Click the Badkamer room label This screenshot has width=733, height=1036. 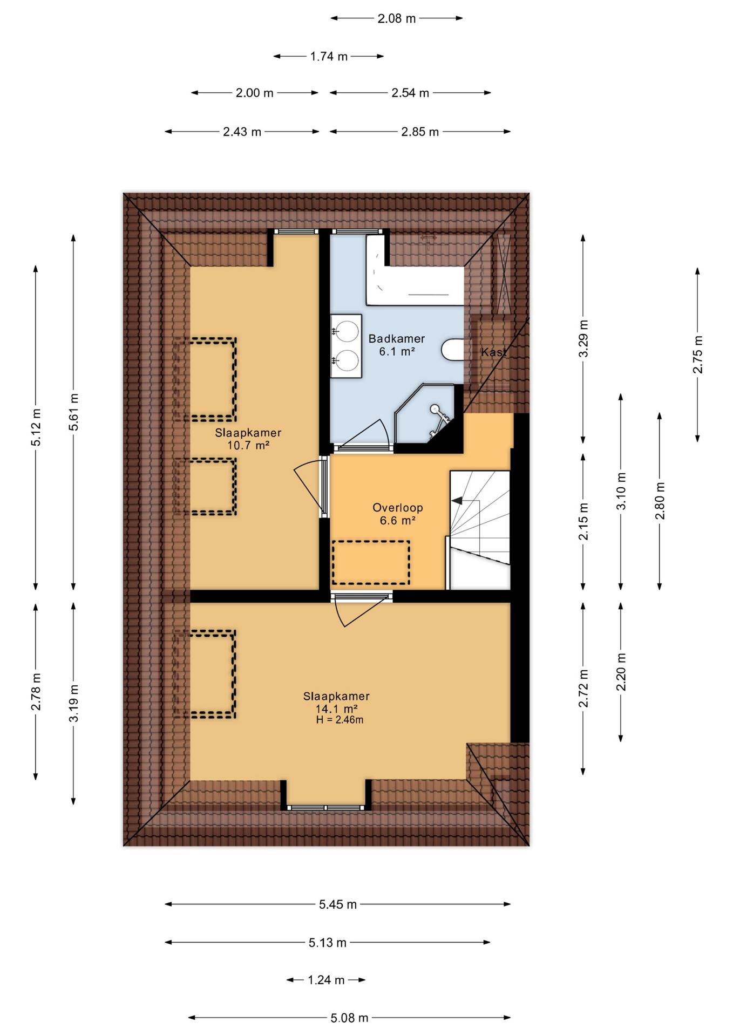click(396, 339)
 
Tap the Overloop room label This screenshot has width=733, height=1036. click(397, 508)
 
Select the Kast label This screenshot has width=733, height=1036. click(494, 352)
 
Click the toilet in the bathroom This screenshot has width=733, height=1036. click(453, 350)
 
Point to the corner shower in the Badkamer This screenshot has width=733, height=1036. click(426, 413)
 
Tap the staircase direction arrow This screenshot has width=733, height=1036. click(457, 501)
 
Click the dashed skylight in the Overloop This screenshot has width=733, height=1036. click(371, 562)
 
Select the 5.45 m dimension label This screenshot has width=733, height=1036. click(338, 904)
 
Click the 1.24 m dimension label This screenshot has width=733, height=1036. click(326, 980)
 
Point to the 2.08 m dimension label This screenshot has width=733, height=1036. click(397, 18)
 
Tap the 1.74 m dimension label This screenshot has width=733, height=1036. click(329, 56)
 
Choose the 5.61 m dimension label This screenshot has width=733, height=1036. click(73, 412)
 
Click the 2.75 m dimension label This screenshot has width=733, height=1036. click(697, 355)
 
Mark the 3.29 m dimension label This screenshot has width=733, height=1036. click(583, 338)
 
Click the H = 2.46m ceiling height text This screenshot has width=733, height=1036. click(340, 720)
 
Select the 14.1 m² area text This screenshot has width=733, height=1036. click(337, 708)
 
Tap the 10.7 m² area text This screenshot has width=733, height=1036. click(248, 445)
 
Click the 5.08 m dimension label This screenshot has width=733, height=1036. click(349, 1018)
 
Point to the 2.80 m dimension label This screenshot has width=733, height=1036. click(660, 501)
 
